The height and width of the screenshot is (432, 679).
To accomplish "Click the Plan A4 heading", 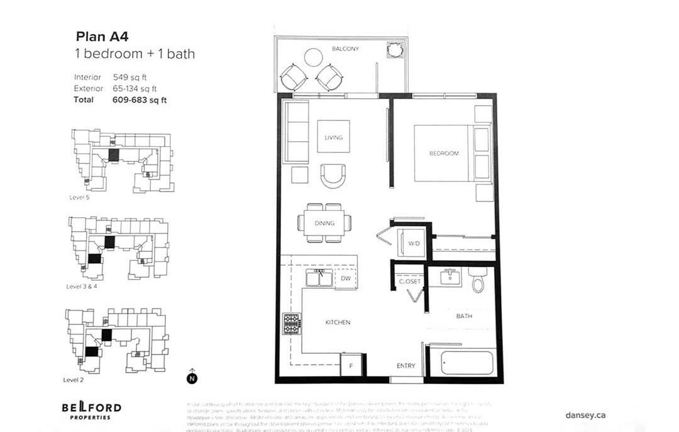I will pos(102,36).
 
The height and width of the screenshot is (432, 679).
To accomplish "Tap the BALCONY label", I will pos(345,48).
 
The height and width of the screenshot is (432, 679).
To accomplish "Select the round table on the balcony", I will pos(313,57).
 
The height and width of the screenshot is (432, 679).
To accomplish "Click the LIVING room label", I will pos(333,137).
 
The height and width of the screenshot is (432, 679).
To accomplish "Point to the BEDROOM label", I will pos(444,153).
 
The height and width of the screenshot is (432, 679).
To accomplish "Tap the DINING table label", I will pos(324,223).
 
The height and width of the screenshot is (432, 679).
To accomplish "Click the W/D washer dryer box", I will pos(413,243).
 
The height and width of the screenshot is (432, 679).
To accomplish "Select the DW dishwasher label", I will pos(345,278).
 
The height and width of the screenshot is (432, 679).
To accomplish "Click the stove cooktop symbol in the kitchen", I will pos(292,324).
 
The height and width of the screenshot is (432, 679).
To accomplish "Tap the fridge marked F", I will pos(350,365).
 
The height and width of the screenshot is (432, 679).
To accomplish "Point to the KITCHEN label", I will pos(338,322).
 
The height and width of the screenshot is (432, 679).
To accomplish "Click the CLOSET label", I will pos(410,281).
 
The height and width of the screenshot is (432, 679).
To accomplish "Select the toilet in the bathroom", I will pos(478,280).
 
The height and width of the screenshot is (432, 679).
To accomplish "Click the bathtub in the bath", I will pos(466,363).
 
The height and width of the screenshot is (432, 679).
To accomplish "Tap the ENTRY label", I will pos(406,366).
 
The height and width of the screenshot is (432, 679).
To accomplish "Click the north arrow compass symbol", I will pos(192,377).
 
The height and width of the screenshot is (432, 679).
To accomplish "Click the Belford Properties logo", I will pos(91,409).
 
